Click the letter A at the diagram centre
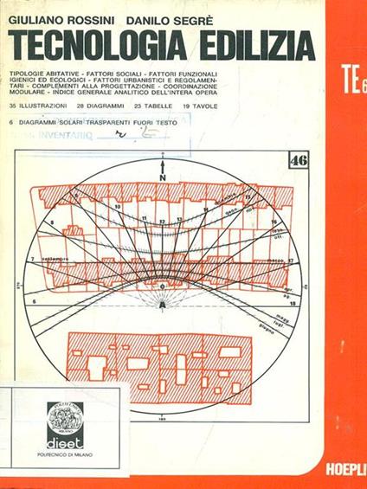[x=162, y=305]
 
